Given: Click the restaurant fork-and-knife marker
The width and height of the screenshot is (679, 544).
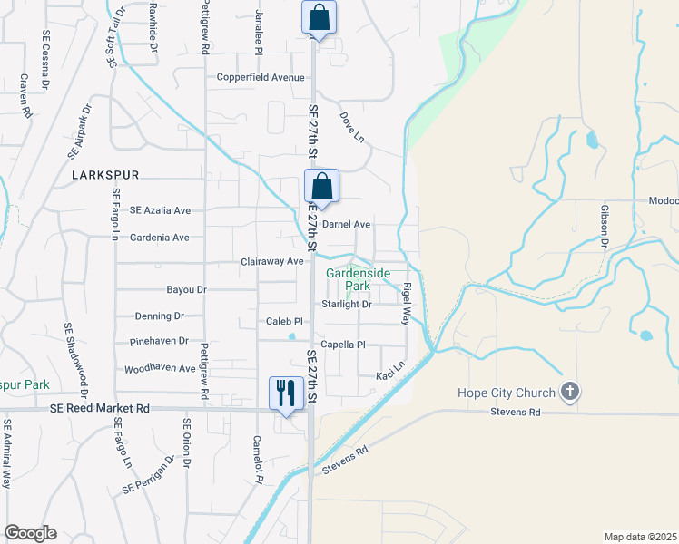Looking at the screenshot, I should click(x=286, y=393).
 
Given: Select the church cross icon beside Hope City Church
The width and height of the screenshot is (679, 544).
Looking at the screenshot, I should click(x=569, y=392).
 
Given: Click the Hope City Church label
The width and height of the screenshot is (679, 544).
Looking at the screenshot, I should click(x=507, y=393).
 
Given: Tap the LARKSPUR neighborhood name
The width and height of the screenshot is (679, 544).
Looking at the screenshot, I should click(x=105, y=173).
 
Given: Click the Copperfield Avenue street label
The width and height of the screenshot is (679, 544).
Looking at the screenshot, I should click(x=261, y=77).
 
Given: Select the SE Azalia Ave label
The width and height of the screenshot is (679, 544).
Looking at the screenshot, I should click(x=161, y=209).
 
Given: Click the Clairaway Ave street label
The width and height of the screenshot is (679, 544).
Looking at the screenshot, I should click(x=272, y=261).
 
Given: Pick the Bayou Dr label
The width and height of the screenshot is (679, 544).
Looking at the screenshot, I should click(x=187, y=290).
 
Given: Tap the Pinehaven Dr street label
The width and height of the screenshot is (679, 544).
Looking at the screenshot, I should click(x=159, y=342).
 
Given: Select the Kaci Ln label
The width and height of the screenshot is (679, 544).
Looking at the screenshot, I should click(x=389, y=375).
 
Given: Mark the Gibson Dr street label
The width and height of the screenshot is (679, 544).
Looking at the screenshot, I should click(x=604, y=225).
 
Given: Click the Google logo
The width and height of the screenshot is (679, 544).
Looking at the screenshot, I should click(x=30, y=533).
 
